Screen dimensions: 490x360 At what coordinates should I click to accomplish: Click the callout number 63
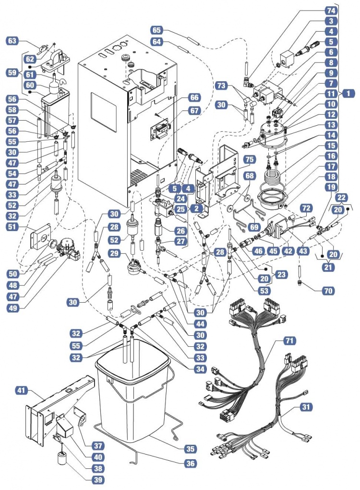tap(12, 41)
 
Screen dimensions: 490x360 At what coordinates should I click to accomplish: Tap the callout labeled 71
tap(289, 341)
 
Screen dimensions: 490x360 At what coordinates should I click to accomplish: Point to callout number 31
tap(305, 406)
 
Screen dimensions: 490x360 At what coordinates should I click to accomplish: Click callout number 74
tap(330, 10)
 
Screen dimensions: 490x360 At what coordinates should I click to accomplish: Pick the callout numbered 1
tap(347, 94)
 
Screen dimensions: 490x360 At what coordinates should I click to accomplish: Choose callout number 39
tap(98, 479)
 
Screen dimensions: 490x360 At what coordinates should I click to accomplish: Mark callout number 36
tap(191, 464)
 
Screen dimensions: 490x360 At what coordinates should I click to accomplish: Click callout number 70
tap(329, 290)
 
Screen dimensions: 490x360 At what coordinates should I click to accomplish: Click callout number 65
tap(156, 30)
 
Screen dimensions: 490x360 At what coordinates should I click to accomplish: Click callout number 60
tap(30, 85)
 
